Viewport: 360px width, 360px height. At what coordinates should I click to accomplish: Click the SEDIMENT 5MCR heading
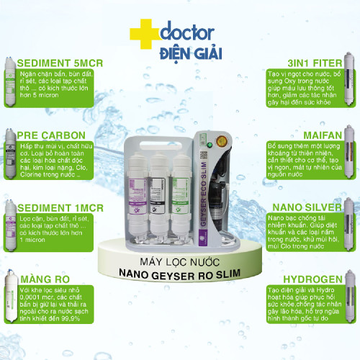[59, 63]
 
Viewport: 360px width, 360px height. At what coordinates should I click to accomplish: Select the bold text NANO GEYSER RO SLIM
[180, 271]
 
